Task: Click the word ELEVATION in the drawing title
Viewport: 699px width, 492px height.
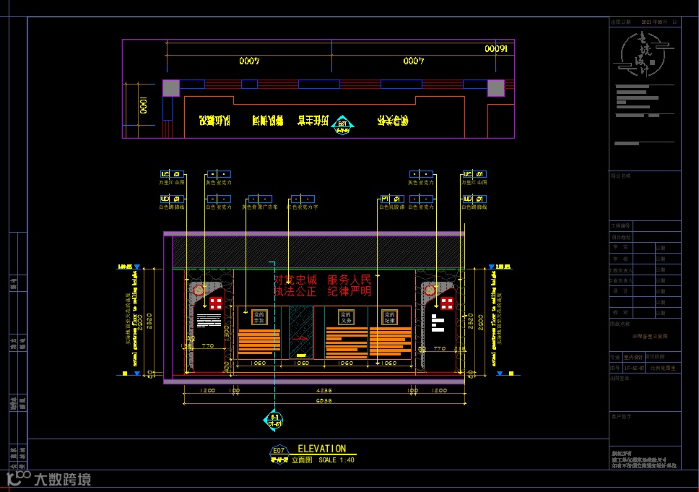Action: coord(322,449)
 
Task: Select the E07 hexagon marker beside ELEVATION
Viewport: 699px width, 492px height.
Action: coord(279,452)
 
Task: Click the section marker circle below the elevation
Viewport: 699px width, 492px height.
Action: coord(274,420)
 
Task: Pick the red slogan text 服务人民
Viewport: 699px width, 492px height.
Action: coord(349,280)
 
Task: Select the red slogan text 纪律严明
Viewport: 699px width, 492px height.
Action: coord(349,291)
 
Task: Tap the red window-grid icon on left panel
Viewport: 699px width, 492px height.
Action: coord(216,302)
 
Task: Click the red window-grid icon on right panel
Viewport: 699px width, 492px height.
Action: coord(447,302)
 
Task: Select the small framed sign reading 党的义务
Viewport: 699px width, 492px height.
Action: coord(345,316)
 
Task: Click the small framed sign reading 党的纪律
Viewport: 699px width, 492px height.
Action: coord(390,316)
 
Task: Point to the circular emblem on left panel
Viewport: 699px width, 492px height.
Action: coord(199,290)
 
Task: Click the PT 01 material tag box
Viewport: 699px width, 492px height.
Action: coord(391,198)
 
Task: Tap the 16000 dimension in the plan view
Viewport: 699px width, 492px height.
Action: coord(497,49)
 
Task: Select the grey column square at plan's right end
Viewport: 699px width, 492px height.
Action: coord(495,87)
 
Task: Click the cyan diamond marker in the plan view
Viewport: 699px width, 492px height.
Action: coord(343,126)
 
